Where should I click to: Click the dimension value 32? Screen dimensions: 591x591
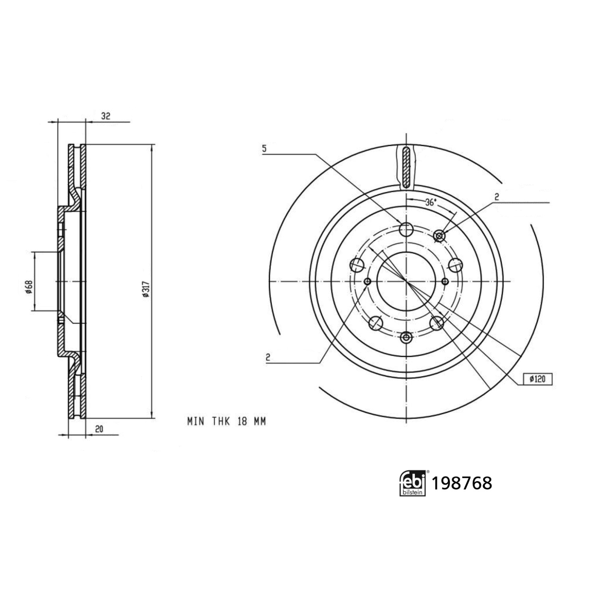pyautogui.click(x=106, y=116)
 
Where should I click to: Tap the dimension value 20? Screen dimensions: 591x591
pyautogui.click(x=99, y=429)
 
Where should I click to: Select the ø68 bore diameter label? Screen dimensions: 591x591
pyautogui.click(x=28, y=287)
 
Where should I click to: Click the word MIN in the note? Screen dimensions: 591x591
pyautogui.click(x=196, y=421)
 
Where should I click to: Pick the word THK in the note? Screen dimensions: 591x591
pyautogui.click(x=221, y=421)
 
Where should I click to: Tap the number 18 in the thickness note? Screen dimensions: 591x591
pyautogui.click(x=242, y=421)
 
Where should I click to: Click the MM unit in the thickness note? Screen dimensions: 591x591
pyautogui.click(x=260, y=421)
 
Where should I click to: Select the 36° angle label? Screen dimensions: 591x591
pyautogui.click(x=431, y=203)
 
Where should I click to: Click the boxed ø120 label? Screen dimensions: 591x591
pyautogui.click(x=537, y=379)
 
